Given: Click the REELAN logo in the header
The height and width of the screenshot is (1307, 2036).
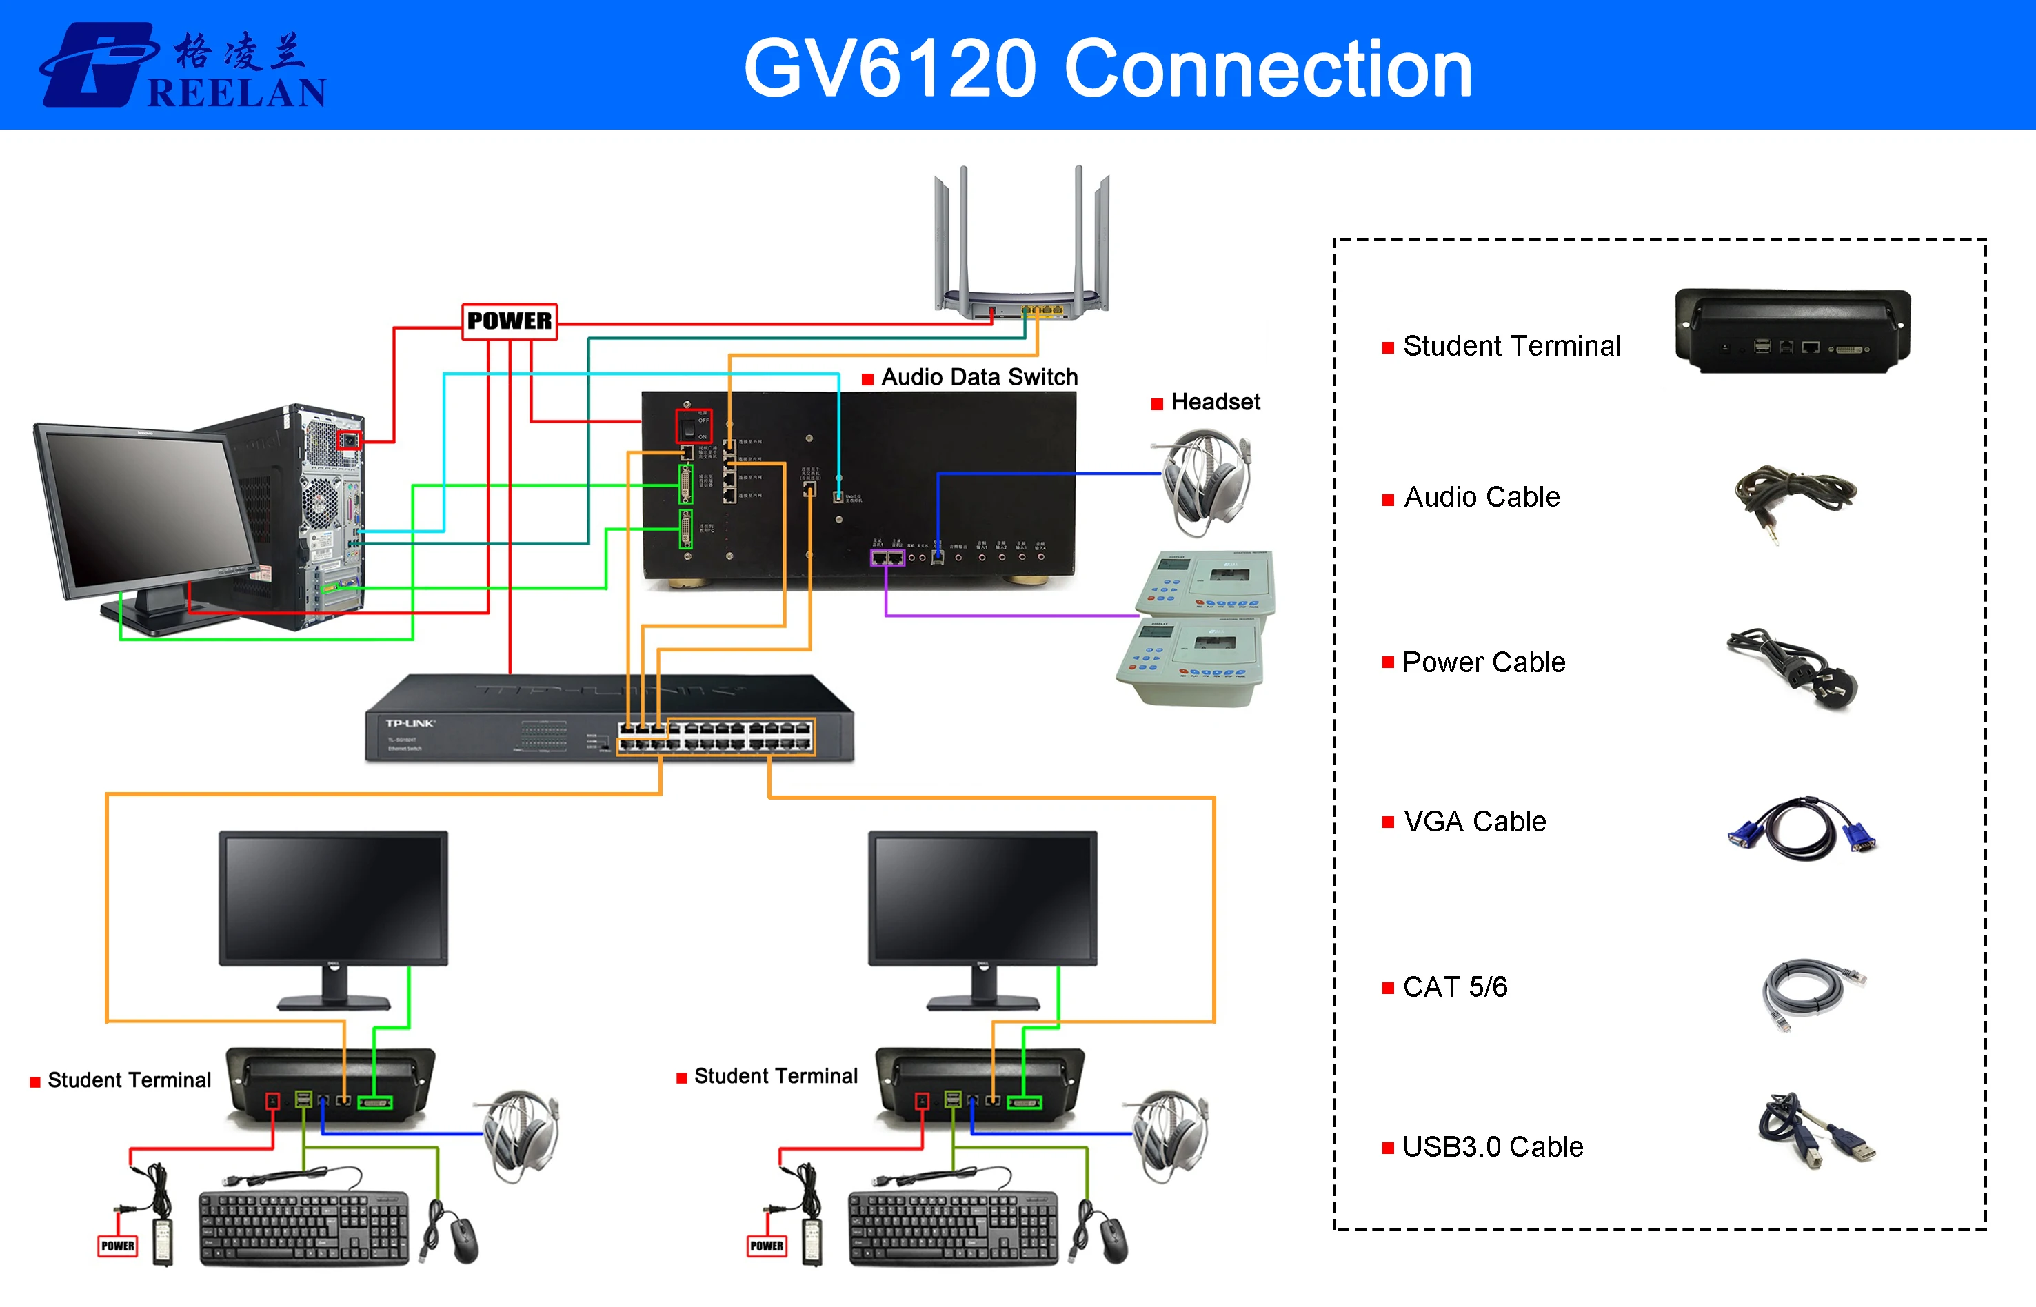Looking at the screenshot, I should [x=183, y=66].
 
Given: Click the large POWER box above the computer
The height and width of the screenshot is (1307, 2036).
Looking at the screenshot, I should [x=510, y=321].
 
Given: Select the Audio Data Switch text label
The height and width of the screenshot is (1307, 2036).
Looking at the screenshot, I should [x=978, y=377].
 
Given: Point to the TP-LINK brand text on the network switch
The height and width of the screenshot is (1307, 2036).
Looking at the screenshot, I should [x=410, y=723].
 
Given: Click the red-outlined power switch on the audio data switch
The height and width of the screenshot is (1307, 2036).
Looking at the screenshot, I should [x=692, y=426].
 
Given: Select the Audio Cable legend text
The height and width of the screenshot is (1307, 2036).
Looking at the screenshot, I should [x=1481, y=496].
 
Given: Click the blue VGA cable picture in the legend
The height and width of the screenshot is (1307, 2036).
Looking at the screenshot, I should [x=1802, y=829].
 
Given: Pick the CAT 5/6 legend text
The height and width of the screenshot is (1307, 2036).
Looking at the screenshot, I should [x=1455, y=986].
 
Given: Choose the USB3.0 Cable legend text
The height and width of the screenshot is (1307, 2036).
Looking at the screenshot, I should [x=1492, y=1146].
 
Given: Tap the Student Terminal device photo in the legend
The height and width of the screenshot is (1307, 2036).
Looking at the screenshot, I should [x=1793, y=331].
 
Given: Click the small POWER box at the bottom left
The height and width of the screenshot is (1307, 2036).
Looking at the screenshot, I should [x=117, y=1245].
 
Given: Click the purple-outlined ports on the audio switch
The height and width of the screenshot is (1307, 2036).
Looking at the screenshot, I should [x=887, y=558].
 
